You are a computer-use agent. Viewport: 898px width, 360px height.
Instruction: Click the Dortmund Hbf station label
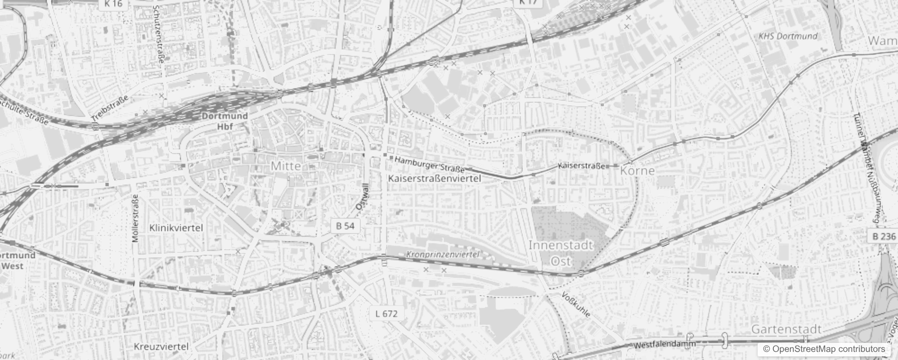[224, 121]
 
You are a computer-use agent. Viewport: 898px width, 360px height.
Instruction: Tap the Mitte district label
[286, 166]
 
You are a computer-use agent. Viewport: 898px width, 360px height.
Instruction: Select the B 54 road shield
[345, 226]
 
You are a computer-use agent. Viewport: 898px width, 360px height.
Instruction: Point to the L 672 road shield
[386, 314]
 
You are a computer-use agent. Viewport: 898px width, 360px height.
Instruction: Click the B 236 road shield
[884, 236]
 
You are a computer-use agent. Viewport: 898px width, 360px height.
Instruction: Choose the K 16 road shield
[113, 4]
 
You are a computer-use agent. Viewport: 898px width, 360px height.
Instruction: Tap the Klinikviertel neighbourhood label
[176, 228]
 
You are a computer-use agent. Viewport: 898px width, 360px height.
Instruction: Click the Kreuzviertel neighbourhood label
[161, 346]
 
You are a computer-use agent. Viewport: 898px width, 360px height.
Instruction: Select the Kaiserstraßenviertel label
[434, 179]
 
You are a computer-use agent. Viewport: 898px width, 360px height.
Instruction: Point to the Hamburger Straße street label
[429, 165]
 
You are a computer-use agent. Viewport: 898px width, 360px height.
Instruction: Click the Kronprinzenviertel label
[443, 254]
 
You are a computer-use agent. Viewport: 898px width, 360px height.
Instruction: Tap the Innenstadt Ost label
[561, 253]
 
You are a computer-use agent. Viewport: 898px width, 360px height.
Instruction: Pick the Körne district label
[637, 171]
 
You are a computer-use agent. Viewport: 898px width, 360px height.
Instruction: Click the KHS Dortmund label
[788, 36]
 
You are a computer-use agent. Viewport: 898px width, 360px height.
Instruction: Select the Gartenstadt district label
[786, 329]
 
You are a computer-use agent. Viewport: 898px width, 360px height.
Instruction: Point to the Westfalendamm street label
[665, 345]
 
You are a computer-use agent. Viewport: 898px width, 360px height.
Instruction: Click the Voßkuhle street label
[576, 305]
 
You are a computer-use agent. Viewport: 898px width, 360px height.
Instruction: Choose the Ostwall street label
[362, 197]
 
